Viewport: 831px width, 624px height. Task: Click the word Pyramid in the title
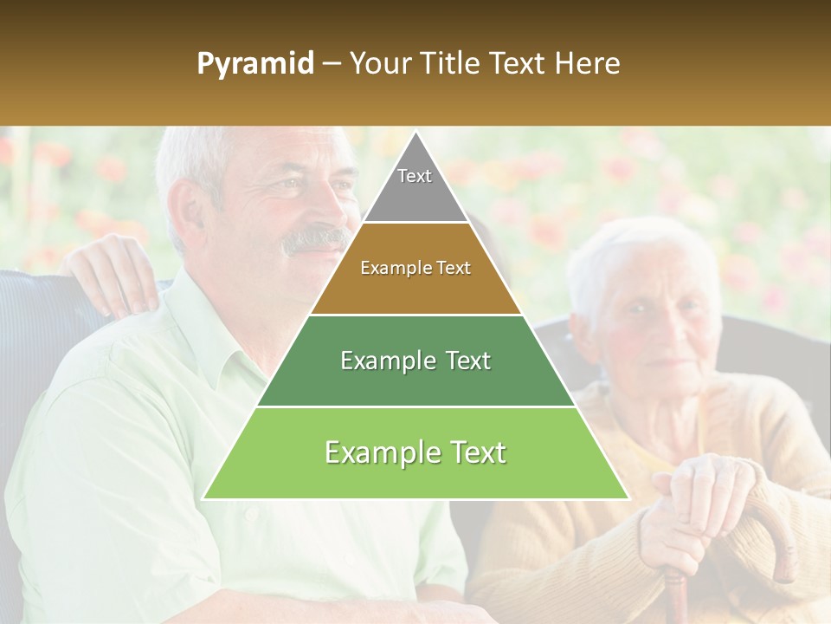click(x=254, y=64)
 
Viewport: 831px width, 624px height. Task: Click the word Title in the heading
click(x=453, y=63)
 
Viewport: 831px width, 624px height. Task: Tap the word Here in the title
click(x=588, y=63)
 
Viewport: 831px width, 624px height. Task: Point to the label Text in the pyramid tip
click(x=415, y=176)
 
